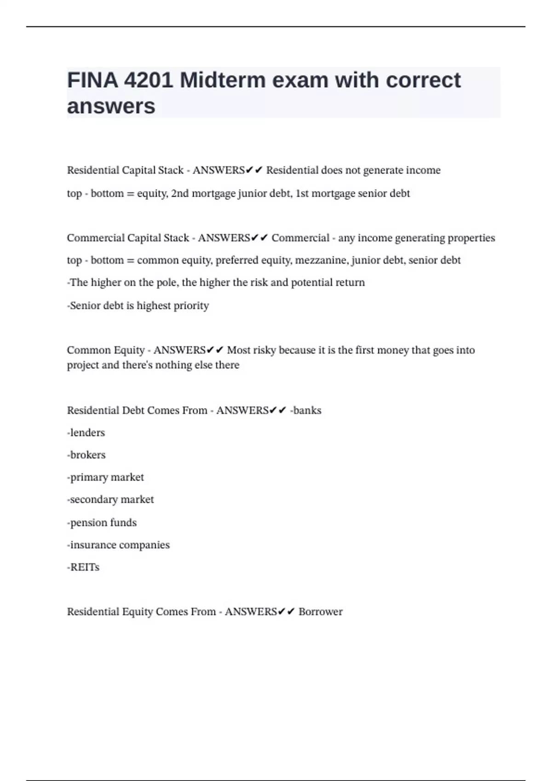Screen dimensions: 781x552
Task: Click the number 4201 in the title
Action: tap(148, 80)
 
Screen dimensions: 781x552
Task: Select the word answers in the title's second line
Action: tap(111, 107)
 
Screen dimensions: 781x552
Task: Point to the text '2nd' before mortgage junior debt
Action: tap(180, 193)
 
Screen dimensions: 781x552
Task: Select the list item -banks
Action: tap(306, 410)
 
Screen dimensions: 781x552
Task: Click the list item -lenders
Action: tap(86, 433)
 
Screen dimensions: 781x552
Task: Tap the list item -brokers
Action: tap(86, 455)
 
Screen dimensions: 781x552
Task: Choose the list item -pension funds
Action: tap(102, 523)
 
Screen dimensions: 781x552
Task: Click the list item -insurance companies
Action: tap(118, 545)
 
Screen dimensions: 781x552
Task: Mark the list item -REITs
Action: tap(83, 567)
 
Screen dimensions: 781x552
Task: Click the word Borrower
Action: tap(320, 612)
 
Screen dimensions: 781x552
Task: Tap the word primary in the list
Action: tap(87, 477)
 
